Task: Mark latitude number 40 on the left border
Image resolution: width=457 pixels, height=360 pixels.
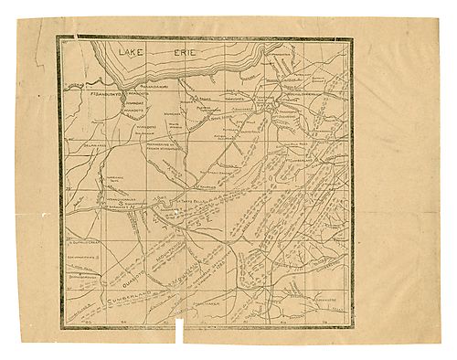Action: coord(69,188)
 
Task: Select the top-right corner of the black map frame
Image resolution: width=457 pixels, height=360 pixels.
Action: coord(351,38)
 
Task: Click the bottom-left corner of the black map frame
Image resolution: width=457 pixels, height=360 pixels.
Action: coord(62,325)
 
